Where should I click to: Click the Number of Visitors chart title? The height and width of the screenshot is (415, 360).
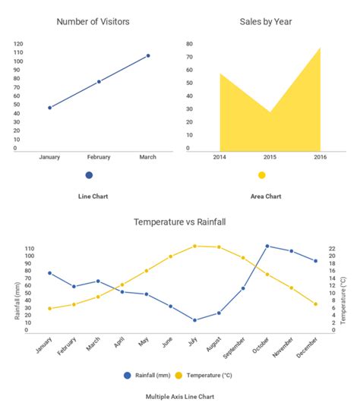(92, 21)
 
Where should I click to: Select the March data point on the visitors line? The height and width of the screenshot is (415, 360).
(148, 55)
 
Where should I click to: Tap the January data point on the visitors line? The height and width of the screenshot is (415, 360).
(50, 108)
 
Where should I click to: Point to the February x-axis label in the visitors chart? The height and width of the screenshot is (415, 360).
(99, 157)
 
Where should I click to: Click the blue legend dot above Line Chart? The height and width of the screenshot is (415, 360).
(89, 175)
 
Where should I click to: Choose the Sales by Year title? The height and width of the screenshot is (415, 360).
(266, 21)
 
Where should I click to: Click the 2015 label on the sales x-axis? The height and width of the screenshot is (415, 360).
(270, 157)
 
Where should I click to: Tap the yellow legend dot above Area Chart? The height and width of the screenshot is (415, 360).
(262, 175)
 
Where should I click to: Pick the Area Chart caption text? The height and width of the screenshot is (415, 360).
(266, 196)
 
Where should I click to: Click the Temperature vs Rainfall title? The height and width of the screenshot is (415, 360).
(180, 222)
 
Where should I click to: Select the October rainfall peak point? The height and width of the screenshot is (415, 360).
(267, 246)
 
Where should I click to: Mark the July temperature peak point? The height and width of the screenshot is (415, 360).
(194, 246)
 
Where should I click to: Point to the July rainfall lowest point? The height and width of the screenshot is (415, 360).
(194, 320)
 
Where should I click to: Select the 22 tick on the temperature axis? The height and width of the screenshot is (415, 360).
(332, 248)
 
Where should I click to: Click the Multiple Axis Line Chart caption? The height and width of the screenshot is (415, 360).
(179, 396)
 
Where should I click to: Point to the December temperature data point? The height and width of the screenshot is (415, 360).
(315, 304)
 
